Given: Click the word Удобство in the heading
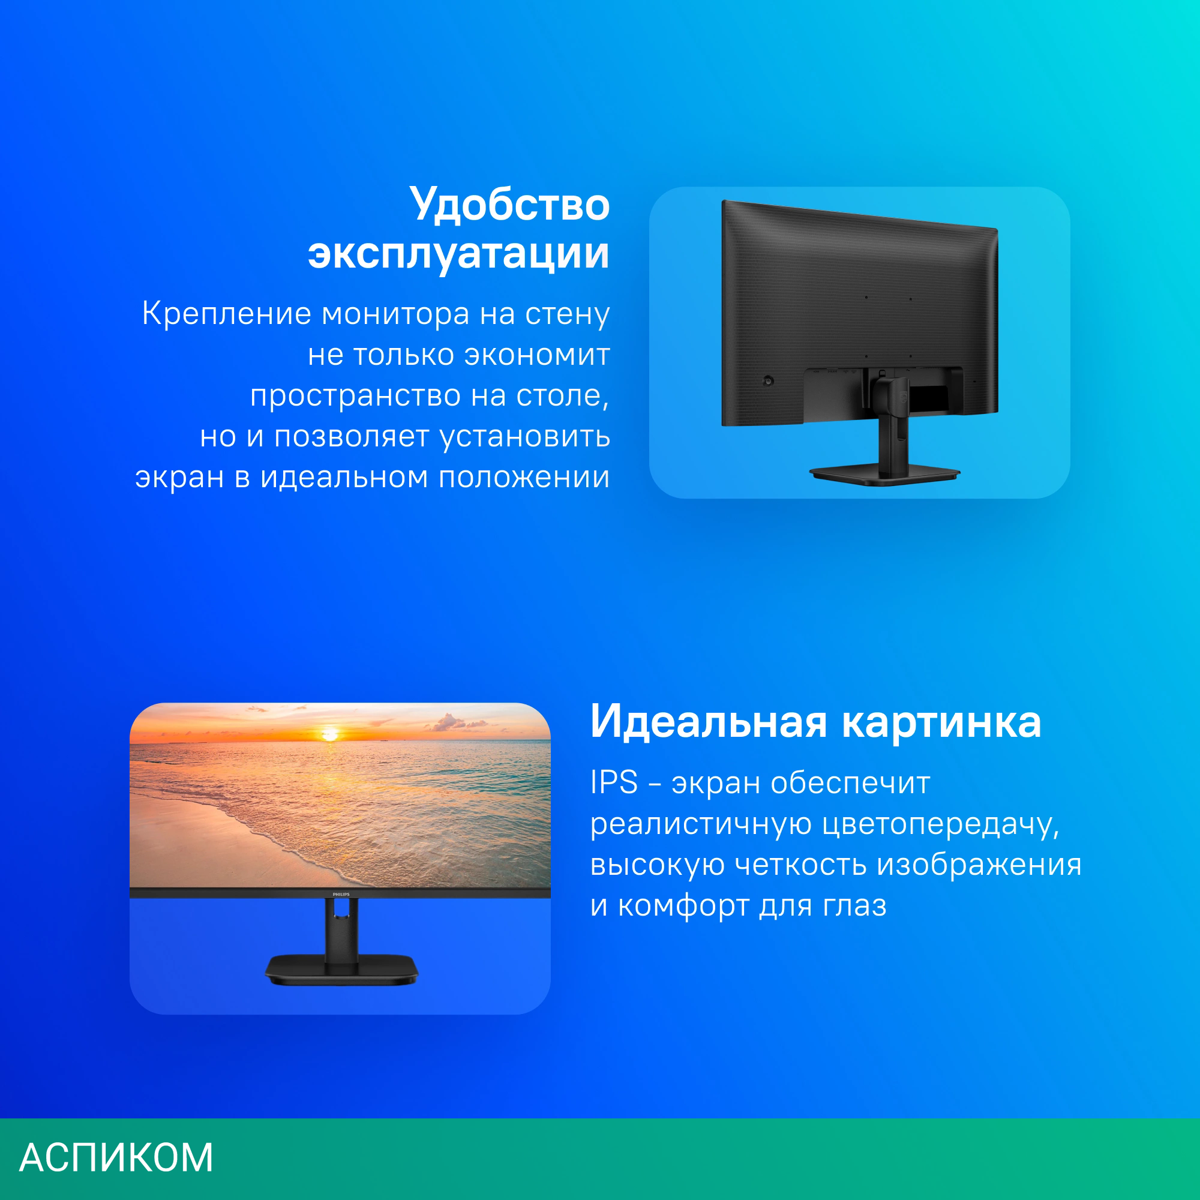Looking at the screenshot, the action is tap(509, 205).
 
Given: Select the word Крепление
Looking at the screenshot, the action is tap(226, 314).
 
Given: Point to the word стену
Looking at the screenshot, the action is tap(567, 314).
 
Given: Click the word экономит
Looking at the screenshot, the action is tap(537, 355).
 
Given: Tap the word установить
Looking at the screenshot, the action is tap(525, 437).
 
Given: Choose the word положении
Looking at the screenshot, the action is tap(524, 478).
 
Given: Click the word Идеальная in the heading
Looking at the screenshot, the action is tap(708, 722).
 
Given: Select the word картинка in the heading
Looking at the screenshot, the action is tap(941, 722).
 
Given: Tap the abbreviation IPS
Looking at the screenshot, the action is tap(614, 782).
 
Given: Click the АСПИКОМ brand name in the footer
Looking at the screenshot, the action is tap(116, 1157).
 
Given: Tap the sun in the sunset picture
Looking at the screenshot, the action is tap(330, 735).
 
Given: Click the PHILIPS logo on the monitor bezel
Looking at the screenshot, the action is tap(341, 895).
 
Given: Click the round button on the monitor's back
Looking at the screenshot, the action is tap(769, 381).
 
